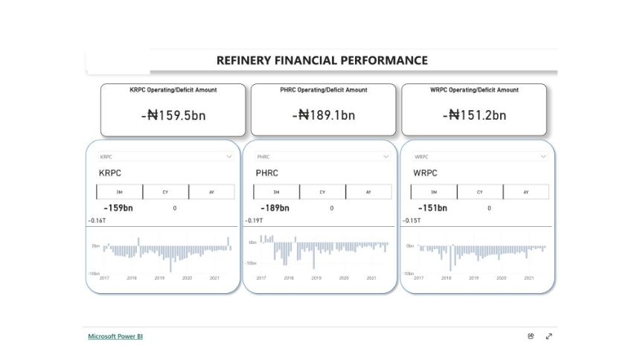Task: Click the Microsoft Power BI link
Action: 115,336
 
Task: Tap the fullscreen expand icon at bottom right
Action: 549,336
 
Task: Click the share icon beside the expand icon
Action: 531,336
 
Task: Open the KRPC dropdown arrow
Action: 229,157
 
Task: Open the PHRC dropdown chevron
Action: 385,157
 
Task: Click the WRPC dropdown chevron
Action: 543,157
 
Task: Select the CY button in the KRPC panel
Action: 165,192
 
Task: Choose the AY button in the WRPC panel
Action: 525,192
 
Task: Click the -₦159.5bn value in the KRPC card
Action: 173,115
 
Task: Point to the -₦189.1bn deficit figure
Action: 324,115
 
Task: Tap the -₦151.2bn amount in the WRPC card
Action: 474,115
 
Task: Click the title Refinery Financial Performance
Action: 321,60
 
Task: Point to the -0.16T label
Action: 97,221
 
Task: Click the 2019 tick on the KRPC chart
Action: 159,278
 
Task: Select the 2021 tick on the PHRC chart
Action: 371,278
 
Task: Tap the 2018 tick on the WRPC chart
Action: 446,278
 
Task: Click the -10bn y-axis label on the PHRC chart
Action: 252,263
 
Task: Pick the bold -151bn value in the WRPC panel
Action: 432,208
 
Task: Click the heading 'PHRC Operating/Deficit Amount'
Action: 324,90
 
